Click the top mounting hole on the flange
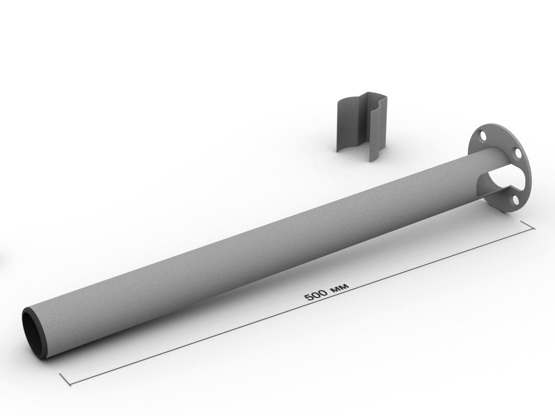tap(483, 137)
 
